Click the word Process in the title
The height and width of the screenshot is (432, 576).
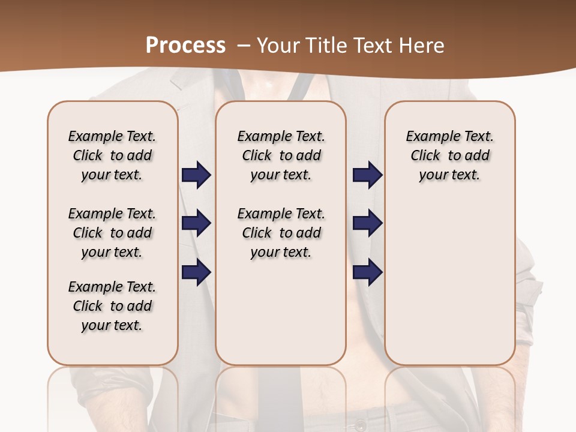click(x=185, y=46)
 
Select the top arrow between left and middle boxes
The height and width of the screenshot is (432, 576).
click(x=196, y=175)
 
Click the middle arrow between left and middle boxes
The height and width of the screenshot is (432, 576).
click(x=196, y=224)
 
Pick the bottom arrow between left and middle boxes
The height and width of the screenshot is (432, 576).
click(x=196, y=272)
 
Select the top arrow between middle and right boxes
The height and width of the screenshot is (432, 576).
click(x=367, y=175)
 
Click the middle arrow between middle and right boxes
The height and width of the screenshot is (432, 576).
click(x=367, y=224)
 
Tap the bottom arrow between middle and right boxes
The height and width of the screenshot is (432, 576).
click(x=367, y=272)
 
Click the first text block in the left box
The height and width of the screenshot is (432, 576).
click(x=112, y=155)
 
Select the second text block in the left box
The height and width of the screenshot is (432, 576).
click(x=112, y=233)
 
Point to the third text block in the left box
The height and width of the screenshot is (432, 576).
click(x=112, y=306)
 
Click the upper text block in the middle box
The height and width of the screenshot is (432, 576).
click(x=281, y=155)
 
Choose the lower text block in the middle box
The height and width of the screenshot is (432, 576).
click(x=281, y=233)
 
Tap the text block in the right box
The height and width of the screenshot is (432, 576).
click(x=449, y=155)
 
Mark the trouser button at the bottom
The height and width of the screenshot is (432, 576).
click(x=361, y=425)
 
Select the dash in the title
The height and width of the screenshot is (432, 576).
click(x=243, y=46)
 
